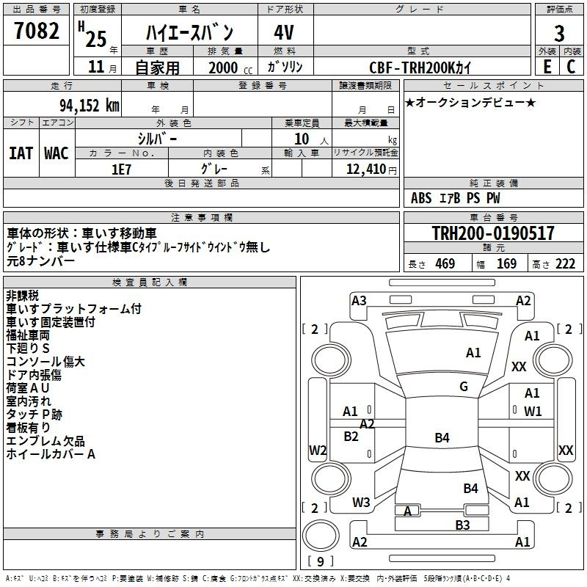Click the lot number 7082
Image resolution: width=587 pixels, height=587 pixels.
37,30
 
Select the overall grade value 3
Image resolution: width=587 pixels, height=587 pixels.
559,33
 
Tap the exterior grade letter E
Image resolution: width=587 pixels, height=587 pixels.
547,67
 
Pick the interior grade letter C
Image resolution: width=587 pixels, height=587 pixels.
571,67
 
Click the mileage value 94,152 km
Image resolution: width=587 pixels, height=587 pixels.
90,106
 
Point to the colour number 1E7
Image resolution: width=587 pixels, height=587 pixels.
122,169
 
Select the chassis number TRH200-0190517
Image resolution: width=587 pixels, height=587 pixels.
493,233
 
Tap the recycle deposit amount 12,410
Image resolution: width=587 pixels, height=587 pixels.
365,169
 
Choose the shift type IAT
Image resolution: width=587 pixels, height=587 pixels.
21,153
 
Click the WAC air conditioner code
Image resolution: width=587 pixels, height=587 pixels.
56,153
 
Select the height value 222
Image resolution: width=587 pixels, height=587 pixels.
565,264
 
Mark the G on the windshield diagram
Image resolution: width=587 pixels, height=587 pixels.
464,386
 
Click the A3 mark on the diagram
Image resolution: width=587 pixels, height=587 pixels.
359,301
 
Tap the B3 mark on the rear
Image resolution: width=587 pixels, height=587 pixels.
462,525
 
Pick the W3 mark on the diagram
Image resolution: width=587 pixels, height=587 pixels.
361,502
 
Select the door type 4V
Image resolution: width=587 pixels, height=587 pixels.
284,32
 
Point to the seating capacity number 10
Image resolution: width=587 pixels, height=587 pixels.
302,139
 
